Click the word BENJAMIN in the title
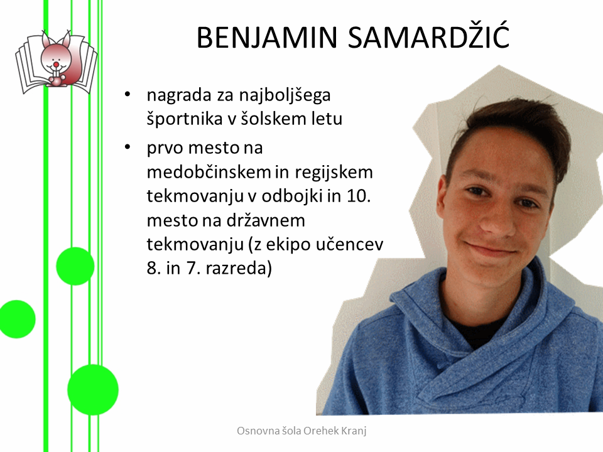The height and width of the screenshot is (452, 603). coord(267,38)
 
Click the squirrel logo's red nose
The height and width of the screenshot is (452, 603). coord(56,63)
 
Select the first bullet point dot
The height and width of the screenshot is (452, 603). coord(128,95)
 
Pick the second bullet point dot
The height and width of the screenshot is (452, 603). coord(128,147)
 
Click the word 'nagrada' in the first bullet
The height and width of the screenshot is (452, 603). coord(179,95)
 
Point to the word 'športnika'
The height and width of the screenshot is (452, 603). coord(185,119)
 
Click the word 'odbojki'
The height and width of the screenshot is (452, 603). coord(292,196)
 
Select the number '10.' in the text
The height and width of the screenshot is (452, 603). coord(359,196)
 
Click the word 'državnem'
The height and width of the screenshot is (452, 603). coord(266,220)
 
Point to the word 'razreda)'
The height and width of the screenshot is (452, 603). coord(239,268)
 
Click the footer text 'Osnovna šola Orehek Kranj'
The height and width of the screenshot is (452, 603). coord(301,431)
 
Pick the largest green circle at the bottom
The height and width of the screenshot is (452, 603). coord(93,389)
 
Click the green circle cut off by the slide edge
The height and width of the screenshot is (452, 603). coord(17,319)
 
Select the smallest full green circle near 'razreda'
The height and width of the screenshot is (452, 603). coord(75,266)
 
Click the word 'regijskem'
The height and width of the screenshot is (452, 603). coord(334,173)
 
